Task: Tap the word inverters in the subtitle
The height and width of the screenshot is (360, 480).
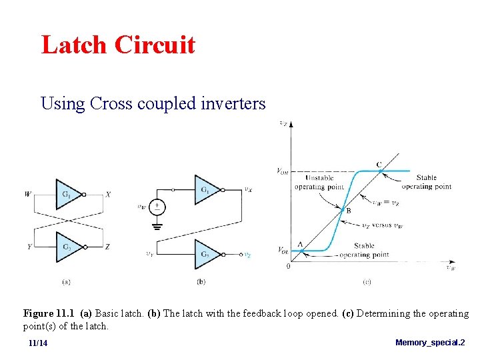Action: [x=233, y=104]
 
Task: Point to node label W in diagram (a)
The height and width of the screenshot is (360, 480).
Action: [x=28, y=194]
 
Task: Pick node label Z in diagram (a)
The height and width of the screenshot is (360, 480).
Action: [x=108, y=246]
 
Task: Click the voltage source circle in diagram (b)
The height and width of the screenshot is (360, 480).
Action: [x=158, y=207]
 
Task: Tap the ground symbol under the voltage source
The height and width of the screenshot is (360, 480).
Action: [x=158, y=225]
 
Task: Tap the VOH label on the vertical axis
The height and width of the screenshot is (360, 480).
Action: [x=283, y=171]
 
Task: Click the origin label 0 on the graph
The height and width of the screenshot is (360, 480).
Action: [x=288, y=266]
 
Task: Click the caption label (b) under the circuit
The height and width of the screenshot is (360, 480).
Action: [x=201, y=282]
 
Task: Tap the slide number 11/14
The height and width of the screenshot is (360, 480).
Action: [x=38, y=343]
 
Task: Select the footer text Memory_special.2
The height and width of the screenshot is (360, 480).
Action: [x=430, y=342]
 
